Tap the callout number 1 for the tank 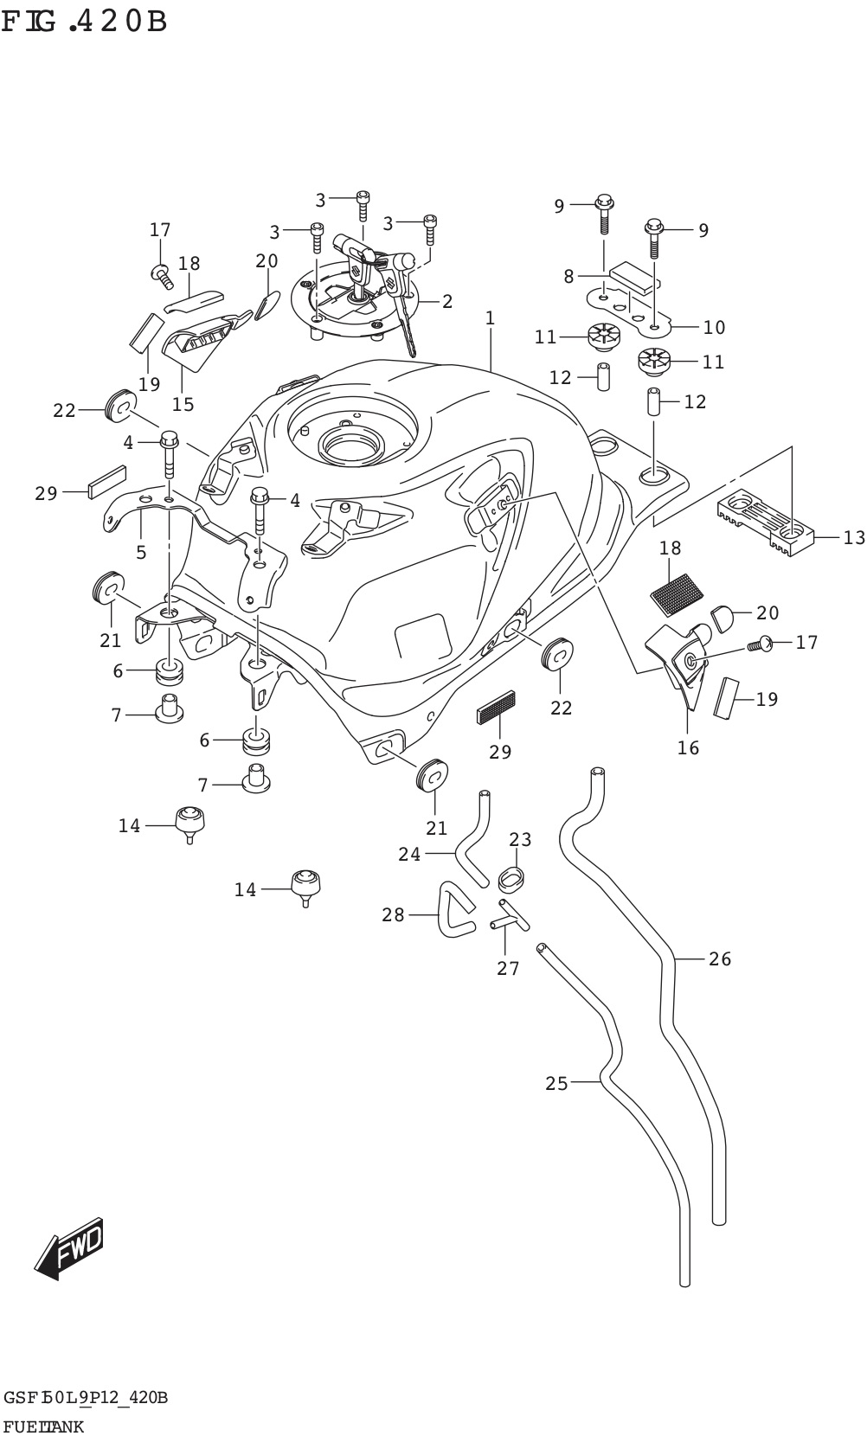pyautogui.click(x=490, y=318)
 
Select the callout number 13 pyautogui.click(x=852, y=538)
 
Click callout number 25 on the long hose pyautogui.click(x=556, y=1083)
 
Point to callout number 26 pyautogui.click(x=720, y=958)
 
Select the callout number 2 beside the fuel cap pyautogui.click(x=446, y=302)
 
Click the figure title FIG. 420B pyautogui.click(x=84, y=21)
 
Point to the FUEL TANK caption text pyautogui.click(x=43, y=1426)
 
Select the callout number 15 pyautogui.click(x=183, y=404)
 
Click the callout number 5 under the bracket pyautogui.click(x=141, y=552)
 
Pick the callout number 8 pyautogui.click(x=568, y=277)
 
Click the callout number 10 pyautogui.click(x=714, y=327)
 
